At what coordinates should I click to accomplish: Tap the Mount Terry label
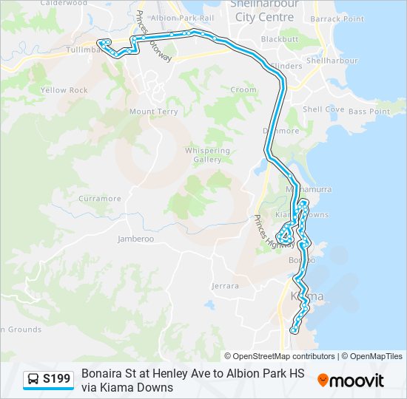(x=154, y=112)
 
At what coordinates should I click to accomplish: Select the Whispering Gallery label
(x=207, y=154)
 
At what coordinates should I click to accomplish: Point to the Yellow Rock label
(x=64, y=90)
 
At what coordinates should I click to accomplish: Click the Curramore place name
(x=99, y=199)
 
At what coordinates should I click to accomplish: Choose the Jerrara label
(x=225, y=285)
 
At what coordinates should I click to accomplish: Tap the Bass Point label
(x=369, y=112)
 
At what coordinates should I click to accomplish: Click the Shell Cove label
(x=323, y=109)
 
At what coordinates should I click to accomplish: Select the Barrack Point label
(x=337, y=18)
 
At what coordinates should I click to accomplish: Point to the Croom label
(x=243, y=89)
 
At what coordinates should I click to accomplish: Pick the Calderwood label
(x=58, y=3)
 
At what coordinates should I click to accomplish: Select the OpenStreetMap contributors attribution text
(x=283, y=356)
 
